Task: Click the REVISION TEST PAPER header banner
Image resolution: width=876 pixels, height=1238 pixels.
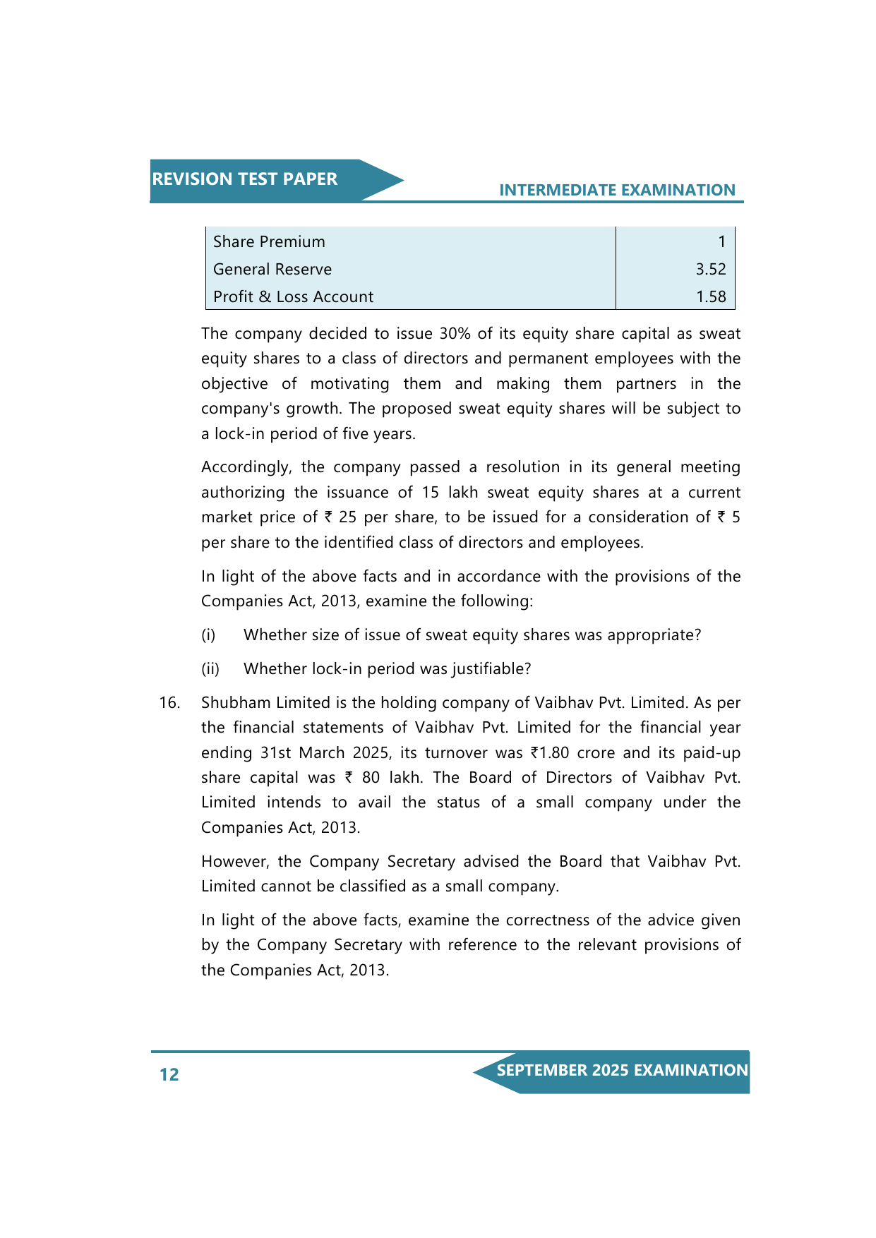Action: coord(244,179)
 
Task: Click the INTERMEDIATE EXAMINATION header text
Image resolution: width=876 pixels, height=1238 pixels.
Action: coord(617,190)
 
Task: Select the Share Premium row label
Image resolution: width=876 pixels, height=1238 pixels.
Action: coord(269,241)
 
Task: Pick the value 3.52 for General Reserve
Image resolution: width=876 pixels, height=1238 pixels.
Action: coord(710,269)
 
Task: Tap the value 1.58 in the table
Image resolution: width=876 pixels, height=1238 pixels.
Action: coord(710,296)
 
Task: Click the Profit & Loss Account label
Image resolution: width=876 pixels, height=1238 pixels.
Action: coord(293,296)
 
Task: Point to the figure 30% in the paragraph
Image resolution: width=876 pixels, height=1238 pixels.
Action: coord(455,333)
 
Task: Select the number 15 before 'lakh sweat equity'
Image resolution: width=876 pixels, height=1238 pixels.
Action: coord(431,492)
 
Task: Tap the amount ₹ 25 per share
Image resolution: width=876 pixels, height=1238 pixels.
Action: coord(340,517)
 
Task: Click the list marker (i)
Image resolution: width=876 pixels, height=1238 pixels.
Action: coord(208,635)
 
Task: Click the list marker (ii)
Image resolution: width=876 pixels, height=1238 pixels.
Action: coord(210,669)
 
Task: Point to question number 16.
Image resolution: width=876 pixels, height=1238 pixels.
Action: coord(169,703)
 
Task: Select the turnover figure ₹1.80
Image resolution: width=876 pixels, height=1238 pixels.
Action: coord(549,753)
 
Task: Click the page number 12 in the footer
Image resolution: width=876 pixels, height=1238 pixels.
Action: coord(169,1074)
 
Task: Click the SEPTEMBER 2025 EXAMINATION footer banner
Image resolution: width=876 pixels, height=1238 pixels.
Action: coord(621,1071)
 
